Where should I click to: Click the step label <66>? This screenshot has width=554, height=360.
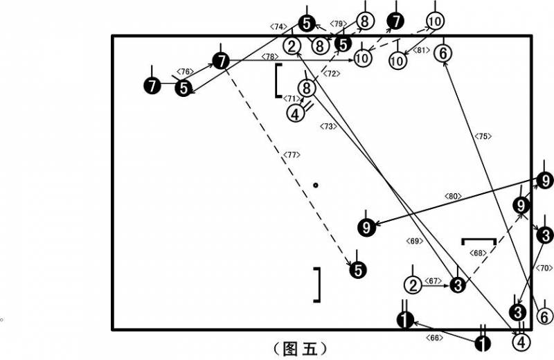434,338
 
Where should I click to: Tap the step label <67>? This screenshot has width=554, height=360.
434,281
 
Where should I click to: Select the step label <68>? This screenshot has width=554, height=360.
478,253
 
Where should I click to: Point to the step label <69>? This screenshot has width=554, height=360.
414,241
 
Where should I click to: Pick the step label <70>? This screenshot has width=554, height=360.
544,268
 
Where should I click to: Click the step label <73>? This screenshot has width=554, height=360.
328,126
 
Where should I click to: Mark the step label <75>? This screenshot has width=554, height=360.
483,136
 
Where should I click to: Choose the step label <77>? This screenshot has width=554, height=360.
292,155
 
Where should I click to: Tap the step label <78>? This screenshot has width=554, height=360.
270,57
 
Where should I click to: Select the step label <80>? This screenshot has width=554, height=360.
453,196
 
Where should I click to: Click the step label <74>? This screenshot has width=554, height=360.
278,26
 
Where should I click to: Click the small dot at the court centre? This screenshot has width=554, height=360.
316,185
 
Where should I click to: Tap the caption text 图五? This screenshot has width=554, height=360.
301,349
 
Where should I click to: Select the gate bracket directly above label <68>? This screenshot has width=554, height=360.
479,242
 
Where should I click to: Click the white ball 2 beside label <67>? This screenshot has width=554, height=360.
413,285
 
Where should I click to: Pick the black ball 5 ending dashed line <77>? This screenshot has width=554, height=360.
358,271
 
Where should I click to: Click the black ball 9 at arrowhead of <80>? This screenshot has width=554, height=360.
366,228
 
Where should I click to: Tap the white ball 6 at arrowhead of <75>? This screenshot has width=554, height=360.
443,53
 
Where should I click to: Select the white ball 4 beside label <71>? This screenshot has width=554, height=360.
296,114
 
